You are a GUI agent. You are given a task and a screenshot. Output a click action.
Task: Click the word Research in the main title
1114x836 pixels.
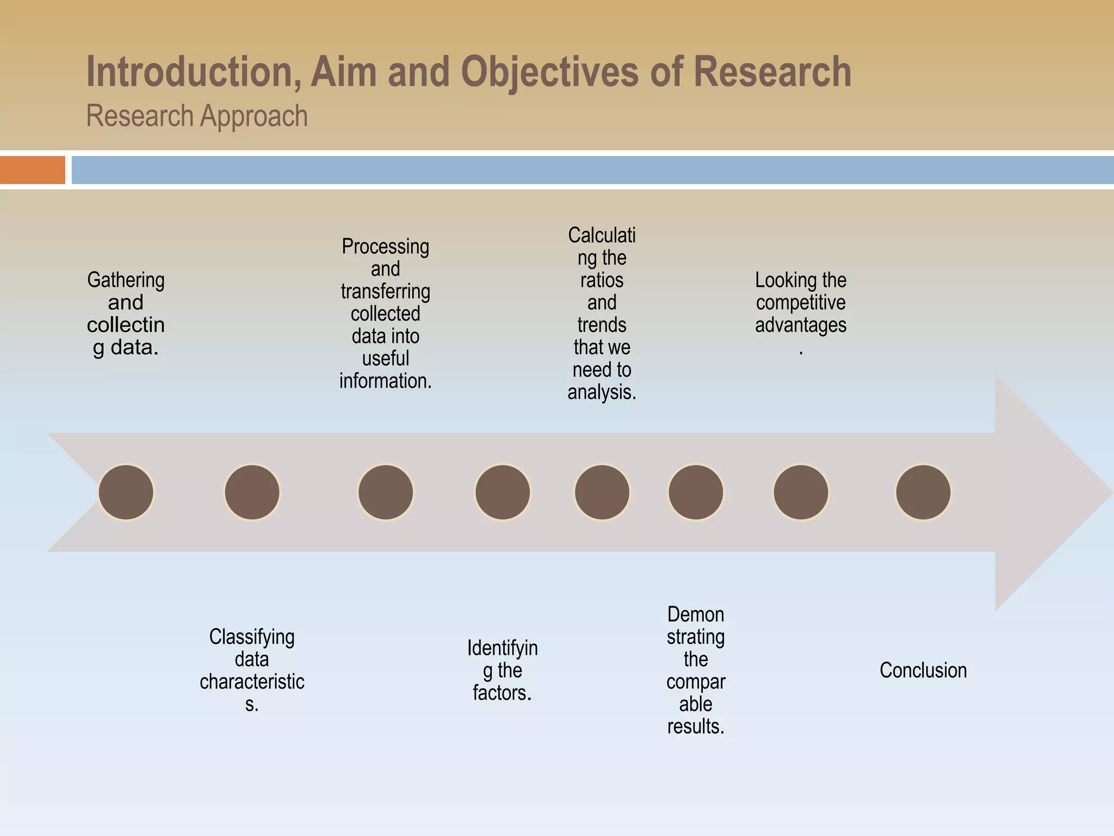[772, 72]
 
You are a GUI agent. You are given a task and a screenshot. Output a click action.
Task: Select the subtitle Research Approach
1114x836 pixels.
[197, 116]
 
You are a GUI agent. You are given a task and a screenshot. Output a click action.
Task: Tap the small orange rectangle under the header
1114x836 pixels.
[32, 170]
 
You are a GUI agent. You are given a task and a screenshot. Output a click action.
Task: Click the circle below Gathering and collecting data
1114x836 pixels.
[126, 492]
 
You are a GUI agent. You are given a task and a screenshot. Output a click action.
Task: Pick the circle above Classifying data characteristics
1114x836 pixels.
[252, 492]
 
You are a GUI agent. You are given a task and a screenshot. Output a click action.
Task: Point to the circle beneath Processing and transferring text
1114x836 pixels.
[386, 492]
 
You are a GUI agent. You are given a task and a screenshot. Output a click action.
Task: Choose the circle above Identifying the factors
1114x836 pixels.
[503, 492]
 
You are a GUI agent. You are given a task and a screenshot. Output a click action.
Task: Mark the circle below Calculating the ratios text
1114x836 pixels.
[602, 492]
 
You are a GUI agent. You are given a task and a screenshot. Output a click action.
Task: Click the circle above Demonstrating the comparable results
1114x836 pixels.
[696, 492]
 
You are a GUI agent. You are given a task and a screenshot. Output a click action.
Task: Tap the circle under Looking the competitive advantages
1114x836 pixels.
[801, 492]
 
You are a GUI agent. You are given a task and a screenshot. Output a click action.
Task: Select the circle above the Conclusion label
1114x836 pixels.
[923, 492]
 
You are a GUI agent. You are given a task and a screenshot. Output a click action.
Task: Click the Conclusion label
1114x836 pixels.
[923, 670]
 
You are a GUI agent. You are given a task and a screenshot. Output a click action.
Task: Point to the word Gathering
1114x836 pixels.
[126, 280]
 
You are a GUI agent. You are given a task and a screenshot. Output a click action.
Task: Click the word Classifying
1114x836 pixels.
[252, 636]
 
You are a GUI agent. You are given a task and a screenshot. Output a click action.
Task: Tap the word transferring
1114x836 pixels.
[386, 291]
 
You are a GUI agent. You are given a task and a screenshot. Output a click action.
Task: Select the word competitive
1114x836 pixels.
[801, 303]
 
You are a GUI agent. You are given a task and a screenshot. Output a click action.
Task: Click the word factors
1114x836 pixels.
[502, 692]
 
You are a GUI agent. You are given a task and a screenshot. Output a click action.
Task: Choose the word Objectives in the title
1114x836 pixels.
[549, 72]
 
